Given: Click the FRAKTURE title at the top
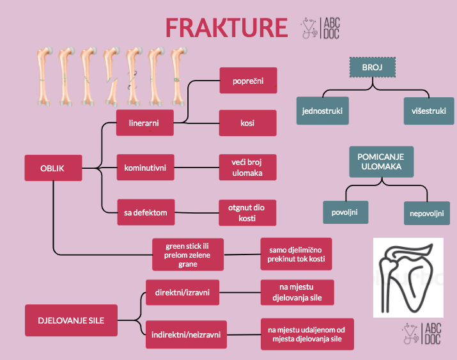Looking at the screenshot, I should point(226,28).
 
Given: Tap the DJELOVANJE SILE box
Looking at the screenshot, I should point(71,320).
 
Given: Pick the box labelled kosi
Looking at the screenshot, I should point(248,123).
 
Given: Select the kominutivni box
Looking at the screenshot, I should point(145,168).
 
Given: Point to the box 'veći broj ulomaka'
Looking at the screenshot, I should point(248,168).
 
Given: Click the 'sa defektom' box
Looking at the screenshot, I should point(145,212).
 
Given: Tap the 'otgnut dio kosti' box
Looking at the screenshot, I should point(248,212).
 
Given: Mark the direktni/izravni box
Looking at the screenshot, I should point(182,293).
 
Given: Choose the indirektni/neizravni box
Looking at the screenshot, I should point(186,334).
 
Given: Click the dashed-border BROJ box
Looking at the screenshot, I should point(373,68).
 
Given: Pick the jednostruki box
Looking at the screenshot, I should point(323,111).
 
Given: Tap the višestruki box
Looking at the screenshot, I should point(429,111).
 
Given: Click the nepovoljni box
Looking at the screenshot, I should point(426,213).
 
